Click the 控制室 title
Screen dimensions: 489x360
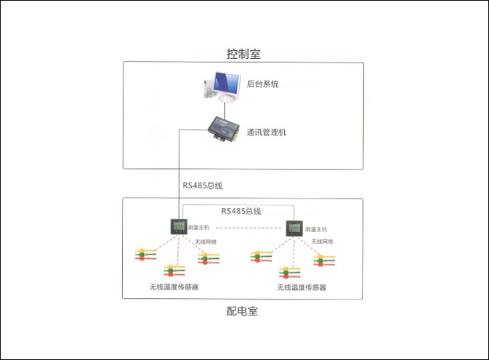(x=243, y=54)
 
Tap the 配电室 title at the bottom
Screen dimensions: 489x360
(x=242, y=311)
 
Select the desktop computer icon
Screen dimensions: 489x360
(x=222, y=87)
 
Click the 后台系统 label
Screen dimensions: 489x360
(x=262, y=84)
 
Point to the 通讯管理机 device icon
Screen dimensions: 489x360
(x=224, y=129)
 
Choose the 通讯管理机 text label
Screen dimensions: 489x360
(x=267, y=132)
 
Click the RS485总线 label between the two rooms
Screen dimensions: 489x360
(x=203, y=185)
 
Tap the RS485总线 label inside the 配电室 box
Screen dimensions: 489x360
(x=241, y=211)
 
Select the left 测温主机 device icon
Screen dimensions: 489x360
(x=179, y=226)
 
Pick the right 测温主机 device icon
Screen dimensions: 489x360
(x=294, y=228)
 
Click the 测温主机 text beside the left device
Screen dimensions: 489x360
(x=198, y=228)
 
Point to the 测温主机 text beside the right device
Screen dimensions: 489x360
(x=316, y=229)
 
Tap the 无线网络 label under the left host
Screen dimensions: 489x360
(x=206, y=241)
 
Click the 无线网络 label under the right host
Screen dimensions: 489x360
(x=323, y=241)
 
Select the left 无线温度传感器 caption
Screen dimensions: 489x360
(x=174, y=287)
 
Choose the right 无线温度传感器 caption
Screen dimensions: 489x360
(x=302, y=287)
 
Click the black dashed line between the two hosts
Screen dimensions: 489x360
(x=249, y=228)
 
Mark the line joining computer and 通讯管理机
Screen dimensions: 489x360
(x=225, y=110)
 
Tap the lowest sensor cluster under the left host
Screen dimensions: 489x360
(x=174, y=271)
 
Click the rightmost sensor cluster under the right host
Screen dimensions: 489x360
(x=324, y=260)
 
